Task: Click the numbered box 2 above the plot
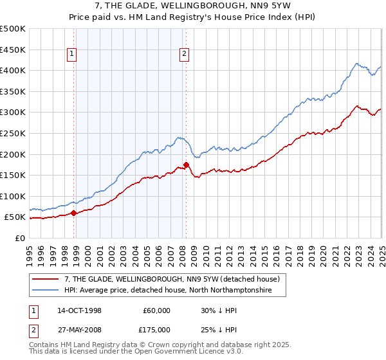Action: (184, 55)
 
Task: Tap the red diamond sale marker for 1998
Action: (73, 213)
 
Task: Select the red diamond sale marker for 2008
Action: (186, 165)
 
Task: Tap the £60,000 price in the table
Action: (156, 310)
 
